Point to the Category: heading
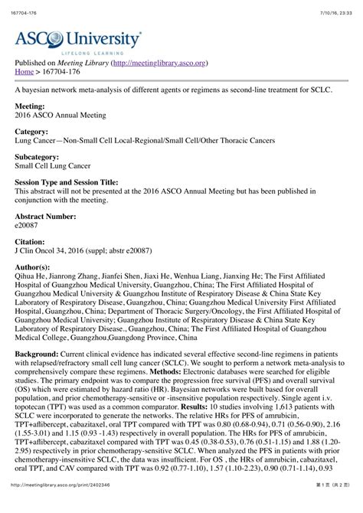point(34,132)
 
